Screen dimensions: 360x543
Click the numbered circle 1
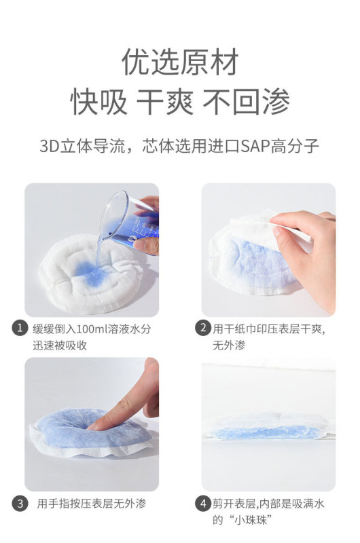point(20,328)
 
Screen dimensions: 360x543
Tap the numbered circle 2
point(202,328)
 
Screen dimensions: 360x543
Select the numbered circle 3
point(20,504)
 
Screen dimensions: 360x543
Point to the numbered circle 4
point(202,504)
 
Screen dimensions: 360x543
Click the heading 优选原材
point(180,62)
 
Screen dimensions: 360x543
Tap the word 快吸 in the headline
point(99,101)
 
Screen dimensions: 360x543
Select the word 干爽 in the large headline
point(165,101)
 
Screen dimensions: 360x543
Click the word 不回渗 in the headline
point(247,101)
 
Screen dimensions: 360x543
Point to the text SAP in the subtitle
point(255,146)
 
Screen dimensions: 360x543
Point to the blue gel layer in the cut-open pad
point(267,432)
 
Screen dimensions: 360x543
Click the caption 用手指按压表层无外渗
point(92,504)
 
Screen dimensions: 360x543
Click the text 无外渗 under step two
point(229,345)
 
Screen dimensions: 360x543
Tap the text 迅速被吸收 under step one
point(60,345)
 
